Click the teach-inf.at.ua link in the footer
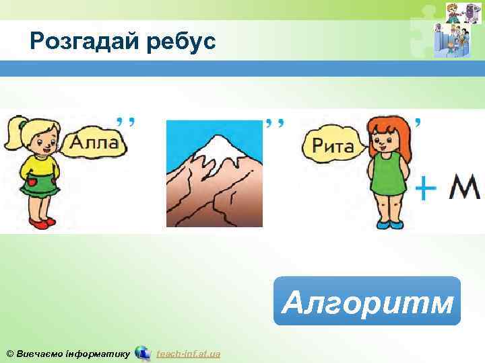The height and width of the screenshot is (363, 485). coord(188,354)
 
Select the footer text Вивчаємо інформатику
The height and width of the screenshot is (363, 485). coord(67,354)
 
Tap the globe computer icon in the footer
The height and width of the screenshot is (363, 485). coord(142,352)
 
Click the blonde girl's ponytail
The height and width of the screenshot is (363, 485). coord(15,134)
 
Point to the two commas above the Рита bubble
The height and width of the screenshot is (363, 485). coord(274,122)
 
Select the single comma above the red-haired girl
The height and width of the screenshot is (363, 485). coord(420,122)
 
